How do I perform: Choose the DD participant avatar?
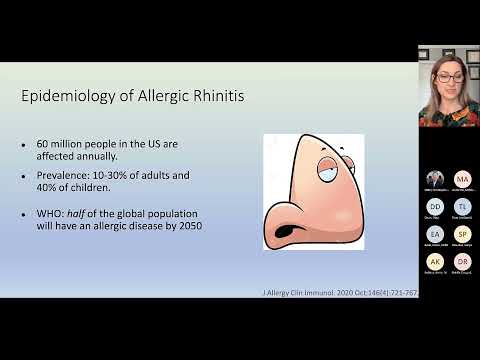(x=434, y=205)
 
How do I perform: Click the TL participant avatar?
(x=462, y=205)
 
